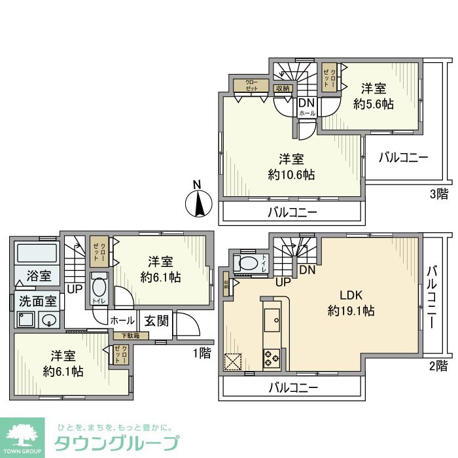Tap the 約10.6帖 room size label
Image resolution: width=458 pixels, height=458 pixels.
(x=291, y=175)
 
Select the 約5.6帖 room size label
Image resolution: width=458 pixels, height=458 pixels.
(x=374, y=104)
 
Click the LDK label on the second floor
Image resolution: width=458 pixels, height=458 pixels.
(x=351, y=295)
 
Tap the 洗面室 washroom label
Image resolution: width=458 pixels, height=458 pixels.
(x=36, y=304)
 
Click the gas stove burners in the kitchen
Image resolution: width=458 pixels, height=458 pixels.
(x=271, y=358)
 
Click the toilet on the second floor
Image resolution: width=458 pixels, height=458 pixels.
(x=249, y=264)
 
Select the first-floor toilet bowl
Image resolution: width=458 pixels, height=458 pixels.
(x=98, y=289)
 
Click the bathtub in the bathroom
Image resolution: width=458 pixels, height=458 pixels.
(x=37, y=253)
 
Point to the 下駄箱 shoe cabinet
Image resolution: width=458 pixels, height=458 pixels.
(x=130, y=336)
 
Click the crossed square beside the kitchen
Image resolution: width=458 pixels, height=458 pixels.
(x=233, y=362)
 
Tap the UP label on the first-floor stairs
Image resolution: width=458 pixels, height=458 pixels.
(x=75, y=288)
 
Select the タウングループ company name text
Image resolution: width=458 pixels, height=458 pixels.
(x=115, y=442)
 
